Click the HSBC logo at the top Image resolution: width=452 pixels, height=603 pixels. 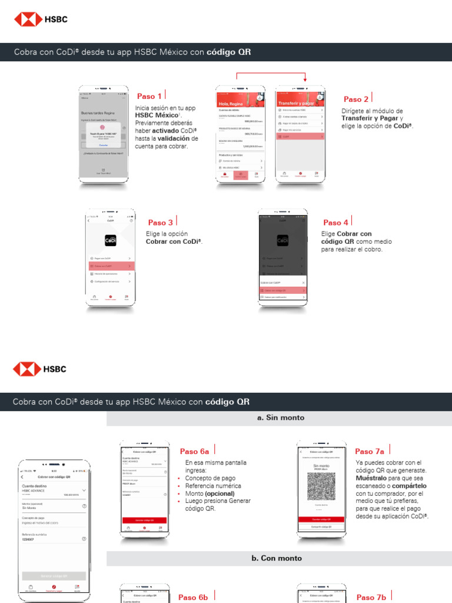(41, 19)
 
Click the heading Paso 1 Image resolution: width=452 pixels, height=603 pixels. (149, 96)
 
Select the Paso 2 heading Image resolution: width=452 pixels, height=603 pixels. (356, 100)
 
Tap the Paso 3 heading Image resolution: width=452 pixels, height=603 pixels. (160, 223)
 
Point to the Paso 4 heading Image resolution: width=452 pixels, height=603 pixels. (335, 223)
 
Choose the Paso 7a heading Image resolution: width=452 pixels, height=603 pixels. (370, 452)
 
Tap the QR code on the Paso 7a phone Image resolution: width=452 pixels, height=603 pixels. (321, 486)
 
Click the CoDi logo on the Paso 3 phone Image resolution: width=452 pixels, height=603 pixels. (111, 241)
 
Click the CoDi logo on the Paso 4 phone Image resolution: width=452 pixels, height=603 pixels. (282, 241)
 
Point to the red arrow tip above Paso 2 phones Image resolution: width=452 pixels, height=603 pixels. (305, 81)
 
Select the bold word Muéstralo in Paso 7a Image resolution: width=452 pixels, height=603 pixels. (371, 478)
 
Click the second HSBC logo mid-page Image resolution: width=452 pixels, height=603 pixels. (40, 369)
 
